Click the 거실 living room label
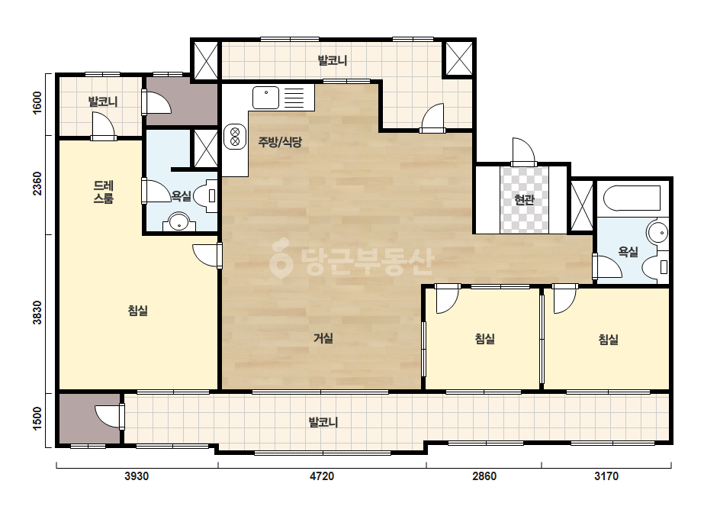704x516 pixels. point(323,337)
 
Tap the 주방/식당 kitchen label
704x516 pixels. point(280,142)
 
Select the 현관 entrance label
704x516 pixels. point(524,199)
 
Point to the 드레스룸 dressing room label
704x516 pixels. point(103,192)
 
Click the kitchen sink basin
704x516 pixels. point(265,98)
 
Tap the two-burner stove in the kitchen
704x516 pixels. point(235,137)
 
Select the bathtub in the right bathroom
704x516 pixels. point(632,198)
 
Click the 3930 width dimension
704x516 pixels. point(137,476)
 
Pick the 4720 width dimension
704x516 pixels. point(322,476)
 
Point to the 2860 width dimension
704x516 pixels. point(484,476)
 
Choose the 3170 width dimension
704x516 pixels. point(606,476)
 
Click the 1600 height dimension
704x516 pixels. point(37,102)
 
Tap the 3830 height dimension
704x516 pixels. point(37,312)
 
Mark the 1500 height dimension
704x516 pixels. point(37,418)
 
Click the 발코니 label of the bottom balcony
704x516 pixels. point(323,422)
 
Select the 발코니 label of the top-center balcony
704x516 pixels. point(333,60)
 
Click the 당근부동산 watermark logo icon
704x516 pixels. point(281,258)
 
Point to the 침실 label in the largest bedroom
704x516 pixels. point(138,310)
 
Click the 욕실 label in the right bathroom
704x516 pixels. point(628,251)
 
